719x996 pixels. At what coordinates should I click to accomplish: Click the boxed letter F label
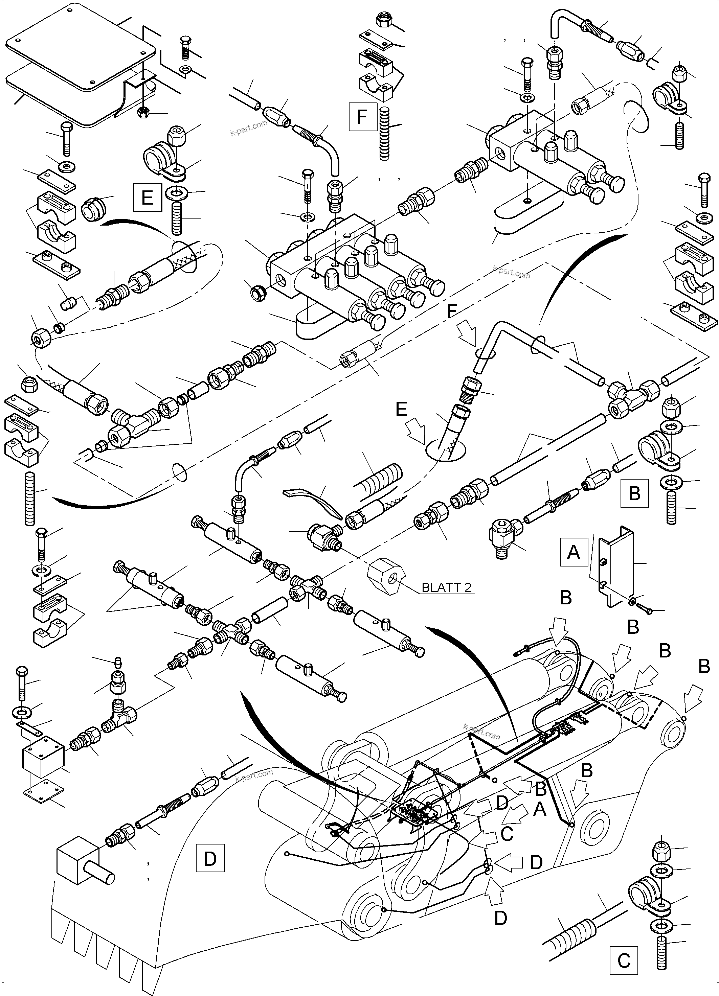click(362, 117)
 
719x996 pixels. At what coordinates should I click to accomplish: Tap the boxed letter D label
click(210, 858)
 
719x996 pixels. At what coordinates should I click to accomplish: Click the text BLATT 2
click(446, 587)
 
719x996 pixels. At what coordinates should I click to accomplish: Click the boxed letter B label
click(634, 493)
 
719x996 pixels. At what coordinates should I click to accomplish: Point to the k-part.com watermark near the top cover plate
click(248, 128)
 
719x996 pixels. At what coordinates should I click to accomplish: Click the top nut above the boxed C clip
click(663, 852)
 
